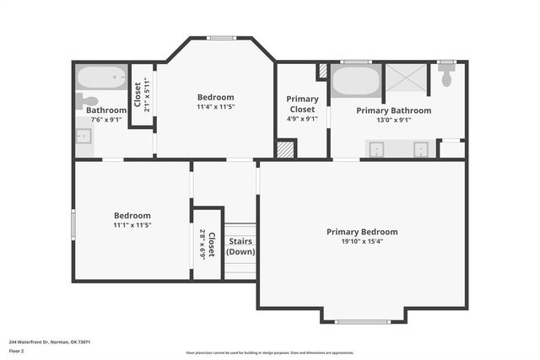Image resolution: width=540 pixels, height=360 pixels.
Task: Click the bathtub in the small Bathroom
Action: tap(101, 78)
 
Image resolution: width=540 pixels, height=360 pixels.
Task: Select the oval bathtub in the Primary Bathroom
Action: tap(355, 82)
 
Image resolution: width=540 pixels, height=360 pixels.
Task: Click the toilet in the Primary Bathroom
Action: tap(447, 78)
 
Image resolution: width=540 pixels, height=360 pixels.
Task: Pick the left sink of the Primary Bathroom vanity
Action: tap(377, 149)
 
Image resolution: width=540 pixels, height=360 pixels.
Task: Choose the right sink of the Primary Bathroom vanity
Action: tap(419, 149)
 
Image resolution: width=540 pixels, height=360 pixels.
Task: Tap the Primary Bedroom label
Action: tap(362, 232)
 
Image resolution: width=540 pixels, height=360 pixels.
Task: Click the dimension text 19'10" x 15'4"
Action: tap(362, 242)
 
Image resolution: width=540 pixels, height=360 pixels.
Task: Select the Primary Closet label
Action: tap(302, 105)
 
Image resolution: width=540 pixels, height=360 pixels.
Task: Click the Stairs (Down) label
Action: tap(240, 246)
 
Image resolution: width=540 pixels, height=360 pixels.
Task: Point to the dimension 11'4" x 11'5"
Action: tap(215, 107)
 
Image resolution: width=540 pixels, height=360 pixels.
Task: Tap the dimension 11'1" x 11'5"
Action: tap(132, 225)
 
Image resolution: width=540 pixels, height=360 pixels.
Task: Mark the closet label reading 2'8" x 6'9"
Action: tap(202, 244)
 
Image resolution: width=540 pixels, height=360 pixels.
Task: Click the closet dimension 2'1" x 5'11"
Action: tap(146, 94)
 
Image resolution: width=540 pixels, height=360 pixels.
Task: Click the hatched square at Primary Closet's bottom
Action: tap(287, 149)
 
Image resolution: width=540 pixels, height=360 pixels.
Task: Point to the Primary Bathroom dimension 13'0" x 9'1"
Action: tap(393, 120)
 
